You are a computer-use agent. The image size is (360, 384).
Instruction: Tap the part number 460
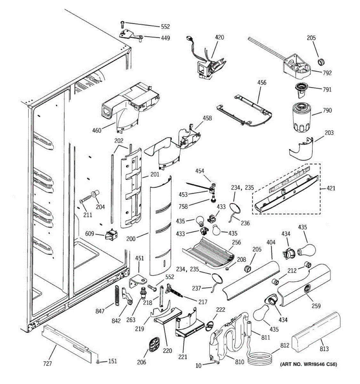coord(97,130)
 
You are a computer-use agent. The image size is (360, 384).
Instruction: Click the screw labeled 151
coord(98,361)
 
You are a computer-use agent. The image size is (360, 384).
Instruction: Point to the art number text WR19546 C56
coord(308,364)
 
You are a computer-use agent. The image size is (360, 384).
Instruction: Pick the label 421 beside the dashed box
coord(331,188)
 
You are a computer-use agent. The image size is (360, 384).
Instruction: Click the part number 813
coord(324,349)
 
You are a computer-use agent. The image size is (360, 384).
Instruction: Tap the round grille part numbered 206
coord(154,347)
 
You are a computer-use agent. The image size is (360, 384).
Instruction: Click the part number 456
coord(262,83)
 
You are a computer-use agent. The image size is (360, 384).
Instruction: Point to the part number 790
coord(327,110)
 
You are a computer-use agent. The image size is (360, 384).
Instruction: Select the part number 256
coord(236,242)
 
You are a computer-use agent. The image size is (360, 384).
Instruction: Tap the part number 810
coord(239,362)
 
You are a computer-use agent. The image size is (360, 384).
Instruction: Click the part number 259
coord(316,306)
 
